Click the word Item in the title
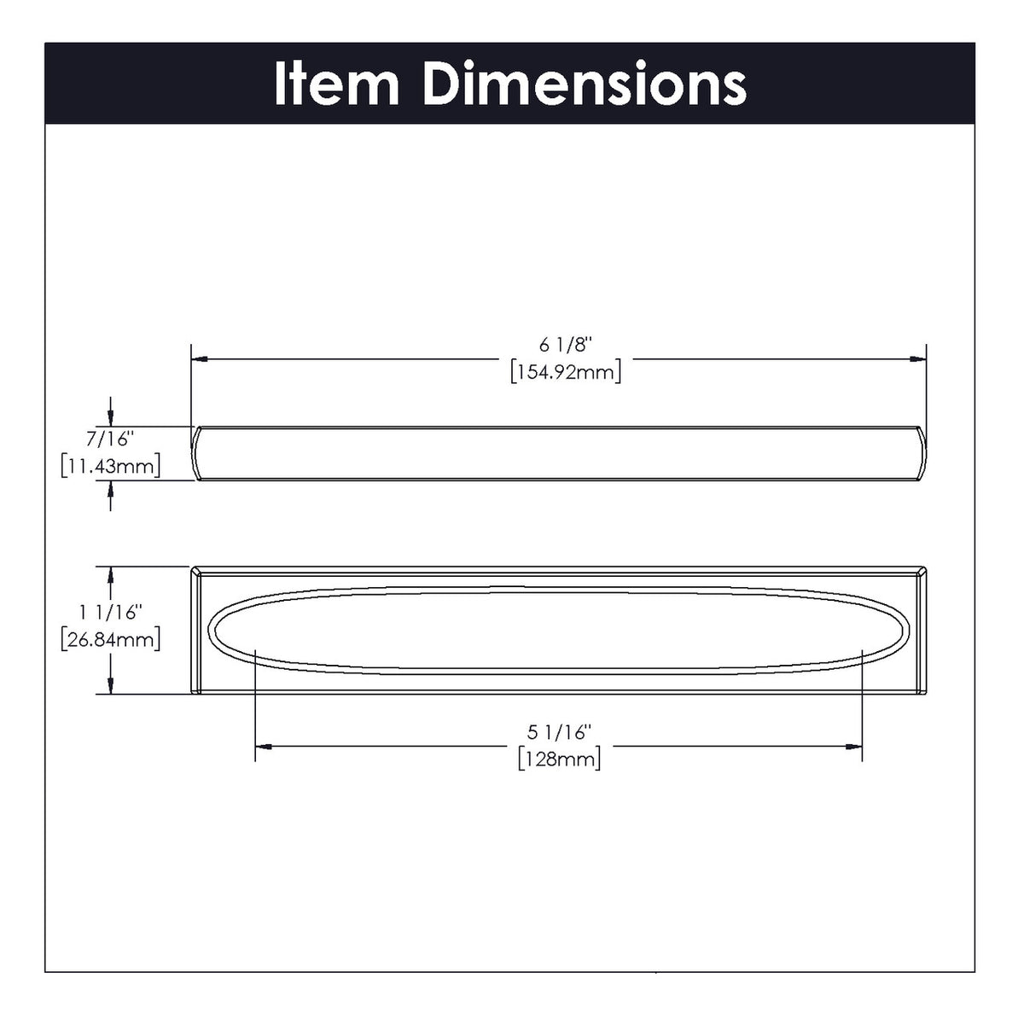pyautogui.click(x=336, y=84)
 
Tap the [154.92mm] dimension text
pyautogui.click(x=565, y=372)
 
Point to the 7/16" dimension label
pyautogui.click(x=111, y=439)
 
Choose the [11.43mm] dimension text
pyautogui.click(x=111, y=467)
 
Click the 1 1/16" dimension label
pyautogui.click(x=111, y=612)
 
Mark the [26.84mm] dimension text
pyautogui.click(x=111, y=639)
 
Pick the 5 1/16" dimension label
pyautogui.click(x=560, y=731)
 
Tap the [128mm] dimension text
pyautogui.click(x=560, y=759)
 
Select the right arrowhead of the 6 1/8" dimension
pyautogui.click(x=918, y=359)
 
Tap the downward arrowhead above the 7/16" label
pyautogui.click(x=111, y=417)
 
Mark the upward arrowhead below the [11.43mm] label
pyautogui.click(x=111, y=489)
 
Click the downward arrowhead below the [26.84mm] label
pyautogui.click(x=111, y=685)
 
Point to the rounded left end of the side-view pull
pyautogui.click(x=196, y=453)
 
